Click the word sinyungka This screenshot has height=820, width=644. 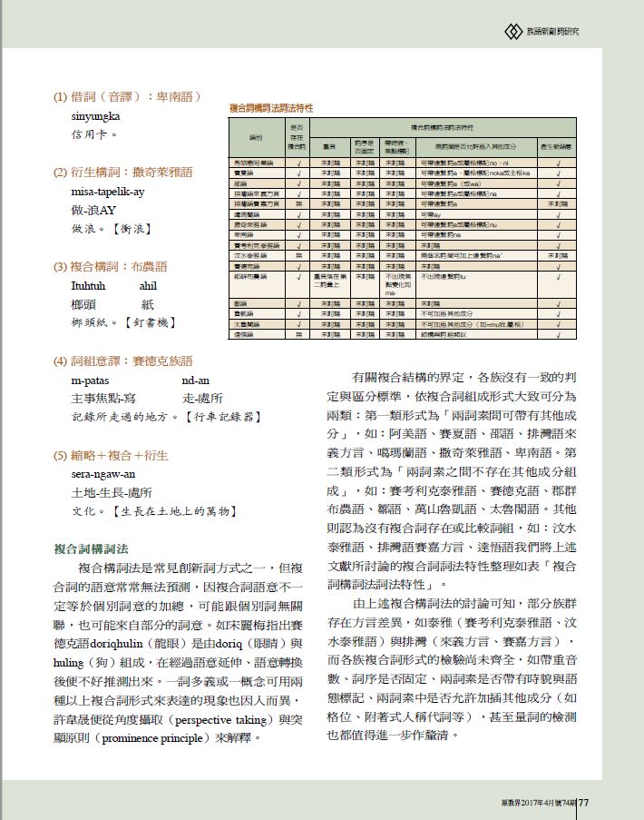[96, 116]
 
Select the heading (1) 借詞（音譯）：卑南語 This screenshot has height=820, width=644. [127, 96]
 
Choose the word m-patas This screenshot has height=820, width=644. [91, 380]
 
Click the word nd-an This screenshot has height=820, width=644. [195, 380]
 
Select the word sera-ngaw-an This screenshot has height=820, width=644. [103, 474]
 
